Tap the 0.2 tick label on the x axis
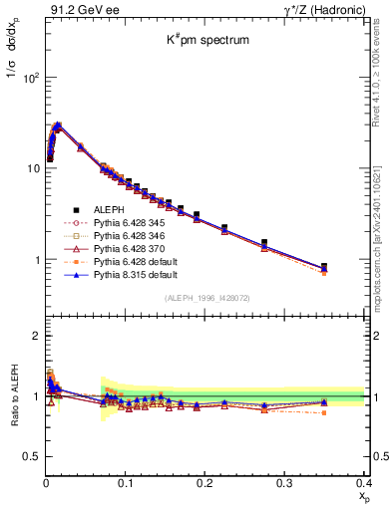(x=204, y=482)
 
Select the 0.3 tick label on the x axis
(x=284, y=482)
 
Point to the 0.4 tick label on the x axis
(x=362, y=482)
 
